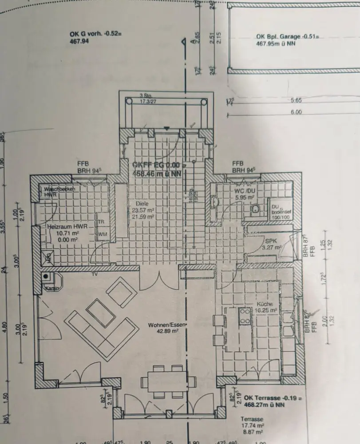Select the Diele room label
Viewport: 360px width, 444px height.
pos(138,205)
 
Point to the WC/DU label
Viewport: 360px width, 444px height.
pos(244,191)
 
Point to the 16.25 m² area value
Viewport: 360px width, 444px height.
pos(268,311)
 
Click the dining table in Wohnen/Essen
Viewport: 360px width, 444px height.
pos(168,381)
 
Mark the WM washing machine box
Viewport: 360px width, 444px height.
pos(102,234)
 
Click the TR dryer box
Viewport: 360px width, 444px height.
pos(102,222)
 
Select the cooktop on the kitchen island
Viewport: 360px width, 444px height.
pos(245,316)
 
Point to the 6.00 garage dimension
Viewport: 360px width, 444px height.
pos(296,112)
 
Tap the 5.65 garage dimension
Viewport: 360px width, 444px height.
pos(296,100)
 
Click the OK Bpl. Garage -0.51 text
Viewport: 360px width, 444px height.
pos(288,37)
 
